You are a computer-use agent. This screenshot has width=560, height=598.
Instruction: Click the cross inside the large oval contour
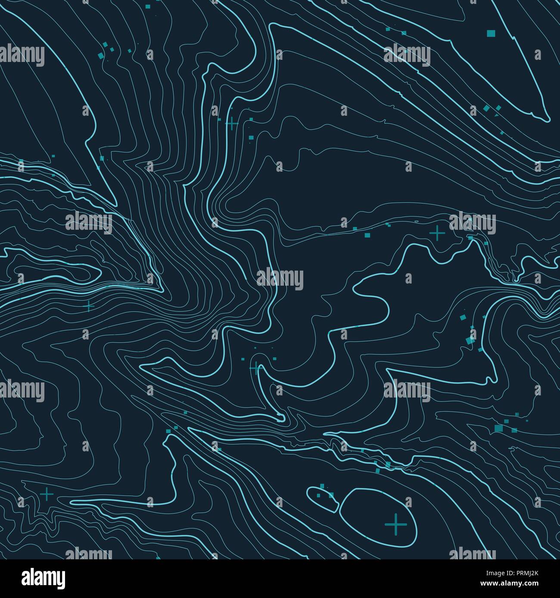point(395,524)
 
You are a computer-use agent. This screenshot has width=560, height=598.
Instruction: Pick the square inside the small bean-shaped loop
point(319,496)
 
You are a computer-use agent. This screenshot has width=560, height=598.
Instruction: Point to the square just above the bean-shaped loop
point(322,486)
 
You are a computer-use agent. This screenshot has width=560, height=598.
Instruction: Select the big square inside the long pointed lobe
point(491,33)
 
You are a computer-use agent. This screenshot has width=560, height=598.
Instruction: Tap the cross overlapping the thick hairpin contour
point(256,368)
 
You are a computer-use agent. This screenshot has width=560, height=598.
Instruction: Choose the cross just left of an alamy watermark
point(437,233)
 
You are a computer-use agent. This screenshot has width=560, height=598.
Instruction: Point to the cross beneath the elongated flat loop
point(90,306)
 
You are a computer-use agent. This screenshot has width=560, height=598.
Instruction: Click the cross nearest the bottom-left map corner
point(47,494)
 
